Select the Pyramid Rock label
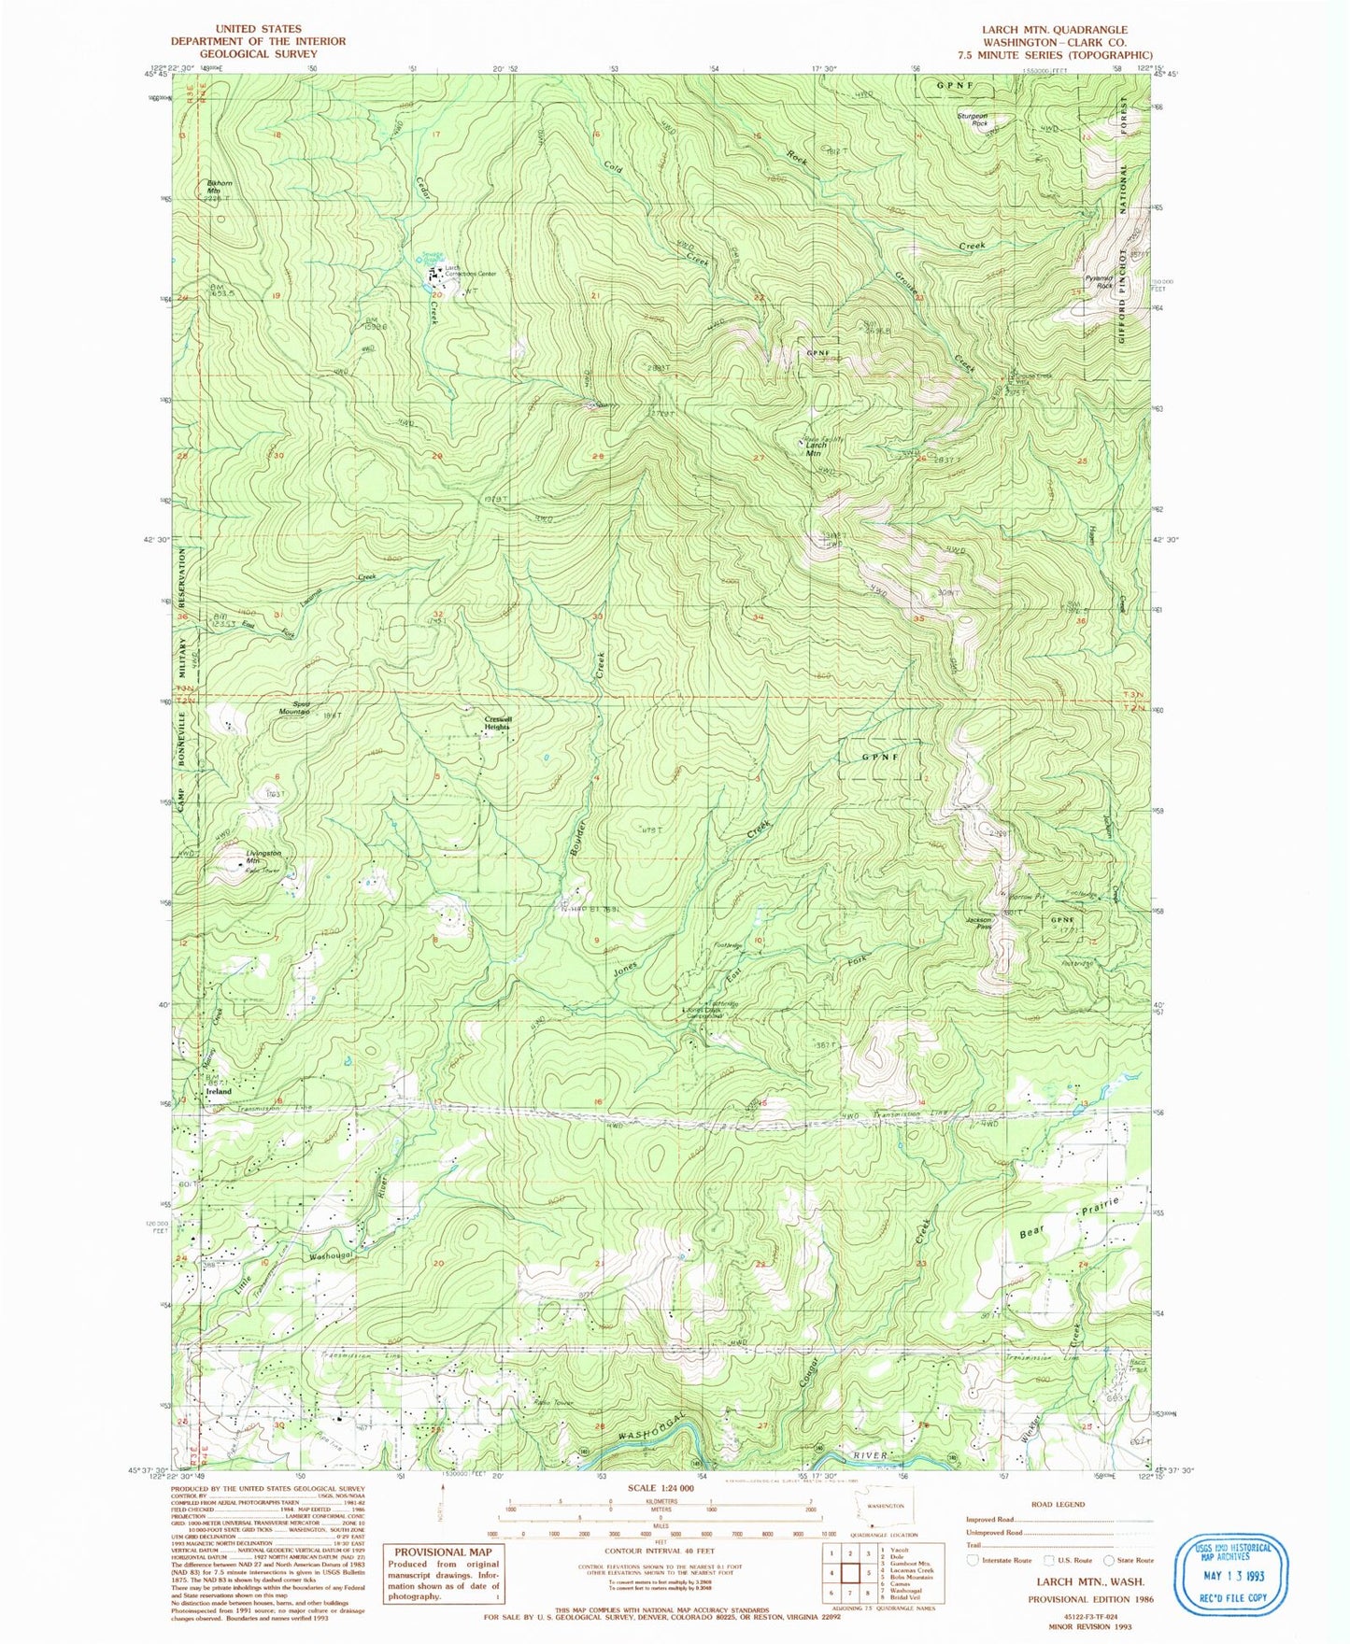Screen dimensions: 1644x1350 pos(1099,282)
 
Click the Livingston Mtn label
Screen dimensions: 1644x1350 pos(237,857)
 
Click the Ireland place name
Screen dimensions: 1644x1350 pos(218,1091)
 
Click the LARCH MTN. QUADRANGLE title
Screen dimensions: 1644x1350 pos(1054,30)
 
